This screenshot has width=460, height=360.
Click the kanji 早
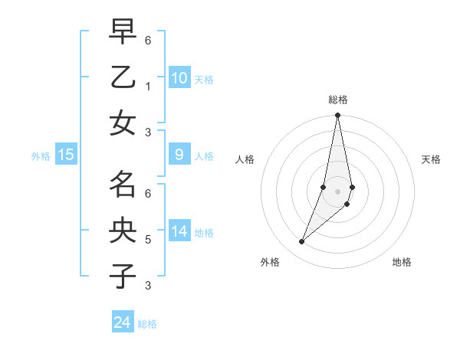pos(123,32)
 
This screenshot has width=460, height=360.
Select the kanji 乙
pos(123,77)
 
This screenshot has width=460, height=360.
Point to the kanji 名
pos(123,185)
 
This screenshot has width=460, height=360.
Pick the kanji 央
pos(123,230)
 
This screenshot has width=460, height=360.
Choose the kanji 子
pos(123,276)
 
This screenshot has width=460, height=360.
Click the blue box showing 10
pos(179,77)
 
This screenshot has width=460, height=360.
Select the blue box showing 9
pos(179,155)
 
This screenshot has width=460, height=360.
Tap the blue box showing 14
pos(179,231)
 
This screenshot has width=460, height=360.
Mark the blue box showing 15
pos(66,155)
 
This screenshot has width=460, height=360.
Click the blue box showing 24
pos(123,322)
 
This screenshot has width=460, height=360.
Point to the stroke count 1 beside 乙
pos(147,86)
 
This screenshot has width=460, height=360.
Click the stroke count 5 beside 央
pos(147,240)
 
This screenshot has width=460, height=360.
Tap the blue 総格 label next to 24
pos(147,324)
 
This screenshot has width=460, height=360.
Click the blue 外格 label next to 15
pos(41,156)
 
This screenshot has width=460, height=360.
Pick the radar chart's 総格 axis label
pos(338,100)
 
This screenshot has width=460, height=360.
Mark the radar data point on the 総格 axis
pos(337,116)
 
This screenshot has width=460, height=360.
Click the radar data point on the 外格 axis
pos(302,242)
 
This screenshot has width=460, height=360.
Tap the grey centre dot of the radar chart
pos(337,191)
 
